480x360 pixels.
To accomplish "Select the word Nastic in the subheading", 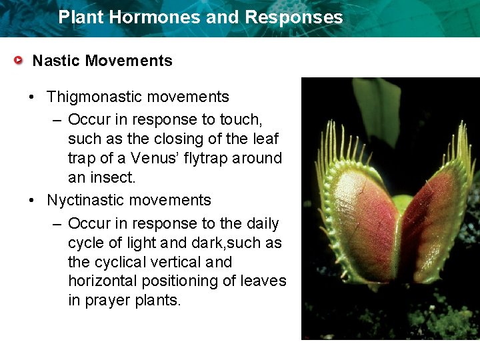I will (x=57, y=61).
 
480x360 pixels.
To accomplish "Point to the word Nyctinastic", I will (x=86, y=201).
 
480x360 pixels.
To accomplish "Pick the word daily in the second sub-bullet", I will (x=261, y=223).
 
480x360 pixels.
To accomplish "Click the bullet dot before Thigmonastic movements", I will (x=32, y=97).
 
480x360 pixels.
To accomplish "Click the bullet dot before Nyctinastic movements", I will (x=32, y=201).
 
